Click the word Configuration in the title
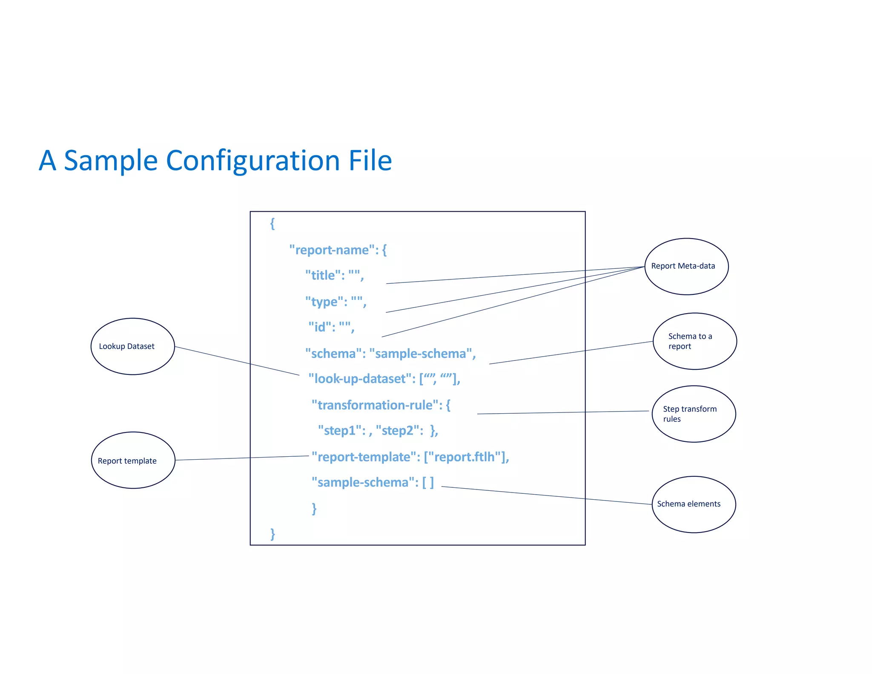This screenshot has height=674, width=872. point(252,161)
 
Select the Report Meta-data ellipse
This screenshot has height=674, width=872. point(686,266)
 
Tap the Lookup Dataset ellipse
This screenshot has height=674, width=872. point(132,346)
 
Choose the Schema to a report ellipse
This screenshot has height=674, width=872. point(694,341)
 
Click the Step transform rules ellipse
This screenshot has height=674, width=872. point(693,414)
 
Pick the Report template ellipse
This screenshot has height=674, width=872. point(133,460)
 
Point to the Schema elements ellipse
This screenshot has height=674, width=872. point(693,504)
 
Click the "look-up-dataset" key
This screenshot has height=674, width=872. point(360,379)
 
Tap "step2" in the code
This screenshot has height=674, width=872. point(397,431)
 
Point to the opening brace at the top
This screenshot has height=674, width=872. point(272,223)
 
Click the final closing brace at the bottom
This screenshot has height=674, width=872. point(272,533)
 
